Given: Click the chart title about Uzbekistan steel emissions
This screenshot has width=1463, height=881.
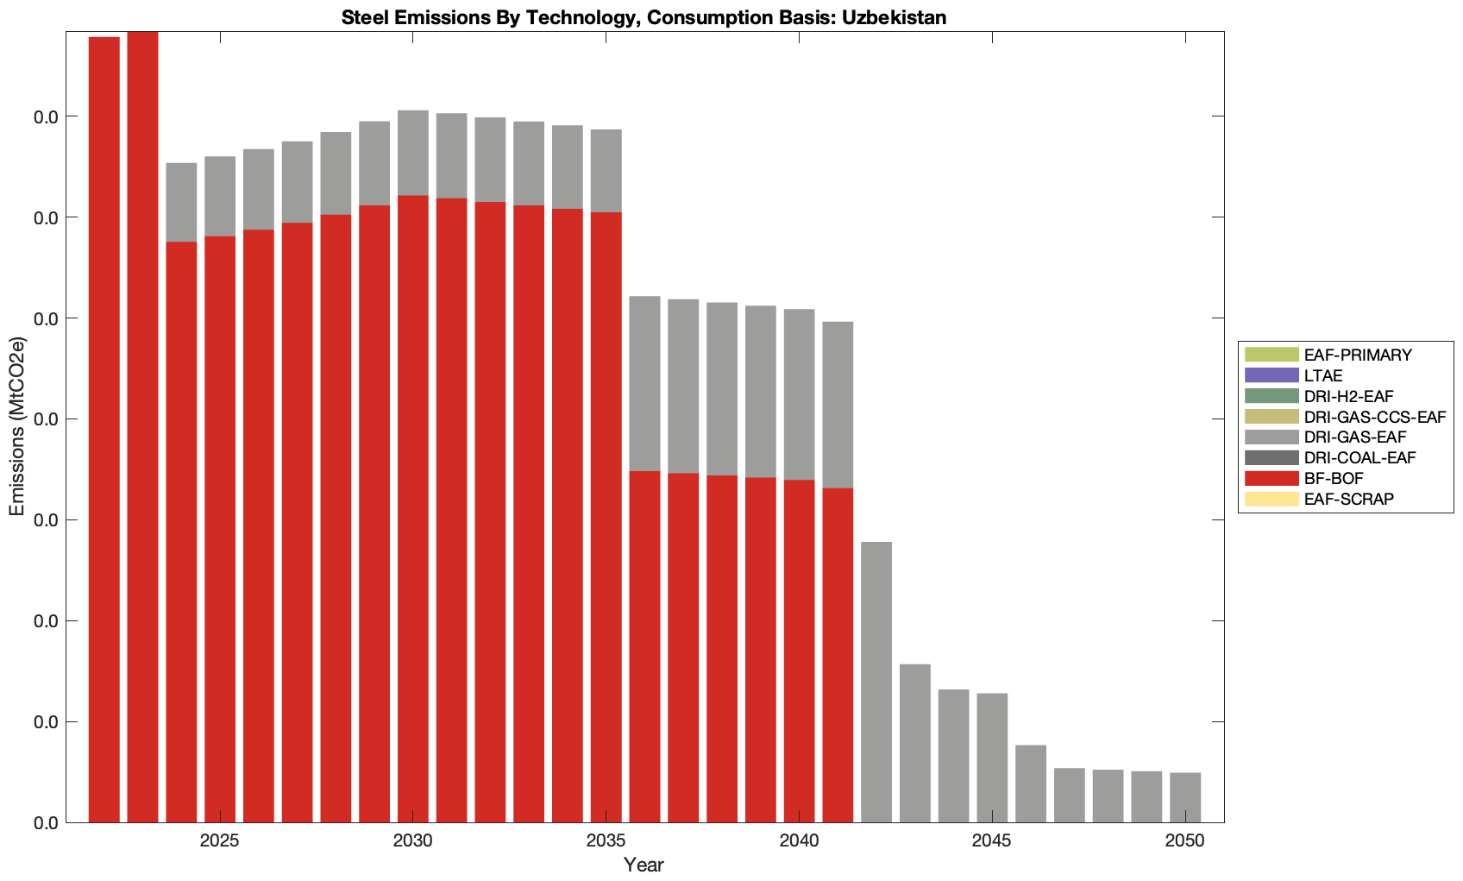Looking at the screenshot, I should pyautogui.click(x=644, y=17).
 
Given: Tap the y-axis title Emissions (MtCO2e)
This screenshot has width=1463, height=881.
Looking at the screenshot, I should pyautogui.click(x=17, y=427).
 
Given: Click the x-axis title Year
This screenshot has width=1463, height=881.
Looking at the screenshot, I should pyautogui.click(x=644, y=865).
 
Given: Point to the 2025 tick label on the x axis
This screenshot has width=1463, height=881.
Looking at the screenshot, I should pyautogui.click(x=220, y=842).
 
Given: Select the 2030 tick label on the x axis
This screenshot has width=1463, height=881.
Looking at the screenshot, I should pyautogui.click(x=413, y=842).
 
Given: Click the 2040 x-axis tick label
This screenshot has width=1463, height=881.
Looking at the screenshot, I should pyautogui.click(x=799, y=842).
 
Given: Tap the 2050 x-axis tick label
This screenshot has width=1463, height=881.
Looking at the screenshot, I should pyautogui.click(x=1185, y=842).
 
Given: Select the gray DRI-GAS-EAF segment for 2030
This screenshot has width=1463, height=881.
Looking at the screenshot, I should pyautogui.click(x=413, y=153).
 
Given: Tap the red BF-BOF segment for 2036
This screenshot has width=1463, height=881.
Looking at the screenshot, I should pyautogui.click(x=644, y=647).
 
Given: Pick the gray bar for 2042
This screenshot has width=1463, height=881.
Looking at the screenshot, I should pyautogui.click(x=876, y=682).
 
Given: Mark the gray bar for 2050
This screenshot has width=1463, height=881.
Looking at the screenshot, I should pyautogui.click(x=1185, y=797).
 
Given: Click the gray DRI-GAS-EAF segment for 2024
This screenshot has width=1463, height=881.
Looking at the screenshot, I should pyautogui.click(x=181, y=202).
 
